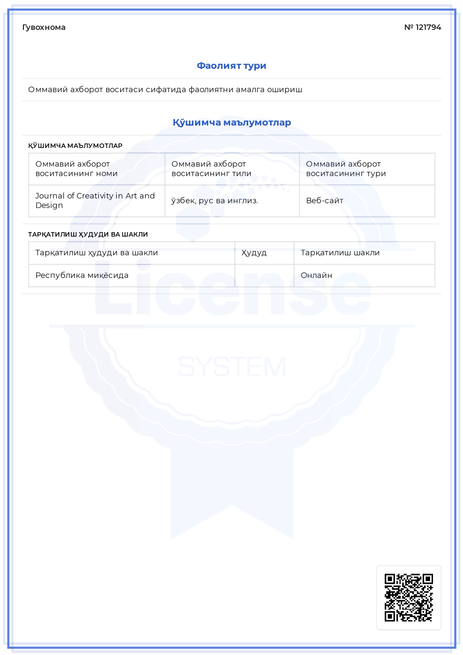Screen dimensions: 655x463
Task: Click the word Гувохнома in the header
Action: coord(44,27)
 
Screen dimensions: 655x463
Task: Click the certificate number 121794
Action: coord(428,27)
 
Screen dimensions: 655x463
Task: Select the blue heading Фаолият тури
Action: coord(231,66)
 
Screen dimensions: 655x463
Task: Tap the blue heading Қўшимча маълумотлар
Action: coord(232,123)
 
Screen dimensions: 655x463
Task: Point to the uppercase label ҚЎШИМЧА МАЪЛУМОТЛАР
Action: coord(75,146)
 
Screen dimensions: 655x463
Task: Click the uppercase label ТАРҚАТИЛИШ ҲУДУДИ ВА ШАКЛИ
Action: coord(88,235)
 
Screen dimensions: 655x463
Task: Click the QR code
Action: coord(409,597)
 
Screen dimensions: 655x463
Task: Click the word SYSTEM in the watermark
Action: coord(232,367)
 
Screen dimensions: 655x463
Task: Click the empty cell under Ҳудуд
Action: coord(264,275)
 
